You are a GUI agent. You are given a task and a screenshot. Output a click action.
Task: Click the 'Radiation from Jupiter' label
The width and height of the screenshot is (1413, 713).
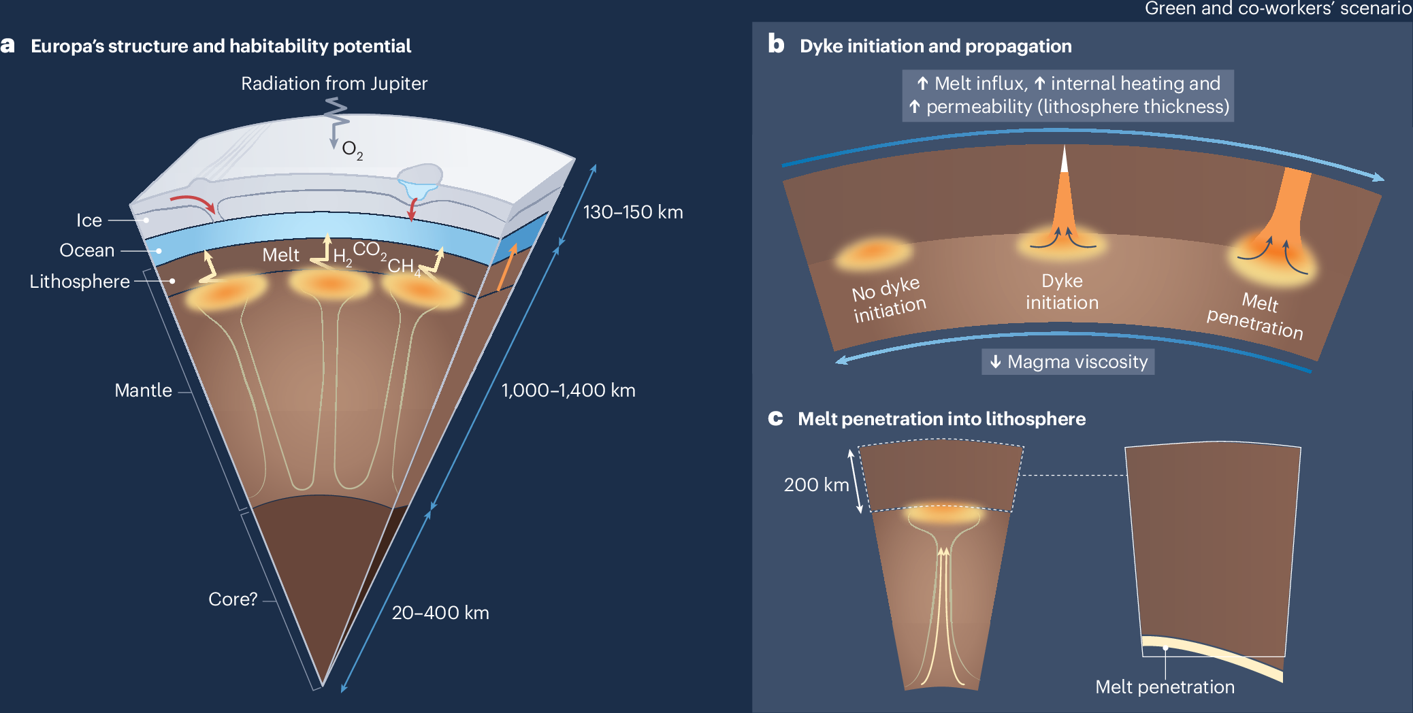tap(334, 84)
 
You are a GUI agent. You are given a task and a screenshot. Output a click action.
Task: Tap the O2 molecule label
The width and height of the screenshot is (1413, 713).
tap(352, 150)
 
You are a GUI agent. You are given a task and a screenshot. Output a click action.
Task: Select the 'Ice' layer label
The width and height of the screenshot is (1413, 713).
tap(89, 220)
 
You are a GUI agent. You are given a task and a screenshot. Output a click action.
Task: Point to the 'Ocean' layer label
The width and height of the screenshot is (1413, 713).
tap(87, 250)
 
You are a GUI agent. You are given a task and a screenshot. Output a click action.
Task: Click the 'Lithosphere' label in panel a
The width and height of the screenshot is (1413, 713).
tap(80, 282)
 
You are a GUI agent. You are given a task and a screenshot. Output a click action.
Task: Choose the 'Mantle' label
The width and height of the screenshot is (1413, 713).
tap(143, 391)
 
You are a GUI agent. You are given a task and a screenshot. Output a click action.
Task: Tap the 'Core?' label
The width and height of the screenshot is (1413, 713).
tap(233, 599)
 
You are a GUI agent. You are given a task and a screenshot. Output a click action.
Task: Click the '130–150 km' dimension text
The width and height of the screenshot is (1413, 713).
tap(633, 212)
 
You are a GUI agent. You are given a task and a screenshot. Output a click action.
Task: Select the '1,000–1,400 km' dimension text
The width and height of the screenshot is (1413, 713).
tap(568, 391)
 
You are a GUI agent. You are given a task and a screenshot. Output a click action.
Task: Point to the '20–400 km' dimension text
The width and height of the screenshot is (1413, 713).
tap(440, 613)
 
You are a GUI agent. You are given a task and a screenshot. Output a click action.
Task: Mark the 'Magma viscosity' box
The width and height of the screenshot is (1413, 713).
tap(1068, 362)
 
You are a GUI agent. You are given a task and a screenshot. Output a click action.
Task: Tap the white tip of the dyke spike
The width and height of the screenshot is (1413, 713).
tap(1065, 161)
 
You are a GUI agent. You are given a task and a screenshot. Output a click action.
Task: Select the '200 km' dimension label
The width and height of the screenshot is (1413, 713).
tap(816, 485)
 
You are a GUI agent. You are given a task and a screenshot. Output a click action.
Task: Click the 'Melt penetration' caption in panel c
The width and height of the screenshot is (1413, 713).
tap(1165, 687)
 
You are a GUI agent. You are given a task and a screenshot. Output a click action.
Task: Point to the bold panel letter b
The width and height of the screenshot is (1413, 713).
tap(776, 44)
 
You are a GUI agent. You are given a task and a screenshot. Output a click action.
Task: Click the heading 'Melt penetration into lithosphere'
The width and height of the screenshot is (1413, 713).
tap(941, 419)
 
